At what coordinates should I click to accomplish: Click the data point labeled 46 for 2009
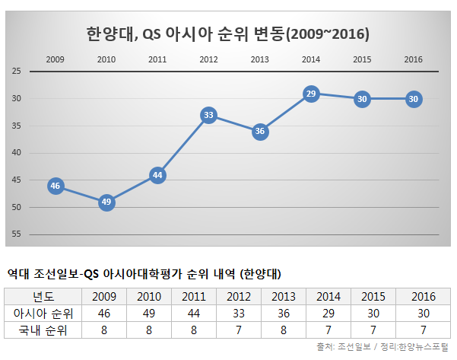coord(56,186)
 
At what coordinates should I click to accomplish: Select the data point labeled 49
coord(106,202)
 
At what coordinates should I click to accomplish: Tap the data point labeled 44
coord(157,175)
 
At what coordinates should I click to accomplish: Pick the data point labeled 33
coord(208,115)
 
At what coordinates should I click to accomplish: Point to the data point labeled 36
coord(260,132)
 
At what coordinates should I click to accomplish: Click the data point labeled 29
coord(310,94)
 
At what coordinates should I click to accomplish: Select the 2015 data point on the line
coord(362,99)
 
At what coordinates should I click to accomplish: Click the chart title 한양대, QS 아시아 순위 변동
coord(228,34)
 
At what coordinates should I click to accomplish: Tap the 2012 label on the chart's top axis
coord(208,59)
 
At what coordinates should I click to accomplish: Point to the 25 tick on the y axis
coord(16,72)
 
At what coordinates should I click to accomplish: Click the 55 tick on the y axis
coord(16,234)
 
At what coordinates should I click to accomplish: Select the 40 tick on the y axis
coord(16,153)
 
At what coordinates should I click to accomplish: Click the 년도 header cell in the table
coord(42,296)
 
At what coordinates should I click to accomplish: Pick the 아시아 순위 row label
coord(42,313)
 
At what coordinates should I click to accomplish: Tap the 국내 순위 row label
coord(42,330)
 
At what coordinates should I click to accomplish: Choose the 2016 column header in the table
coord(422,296)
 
